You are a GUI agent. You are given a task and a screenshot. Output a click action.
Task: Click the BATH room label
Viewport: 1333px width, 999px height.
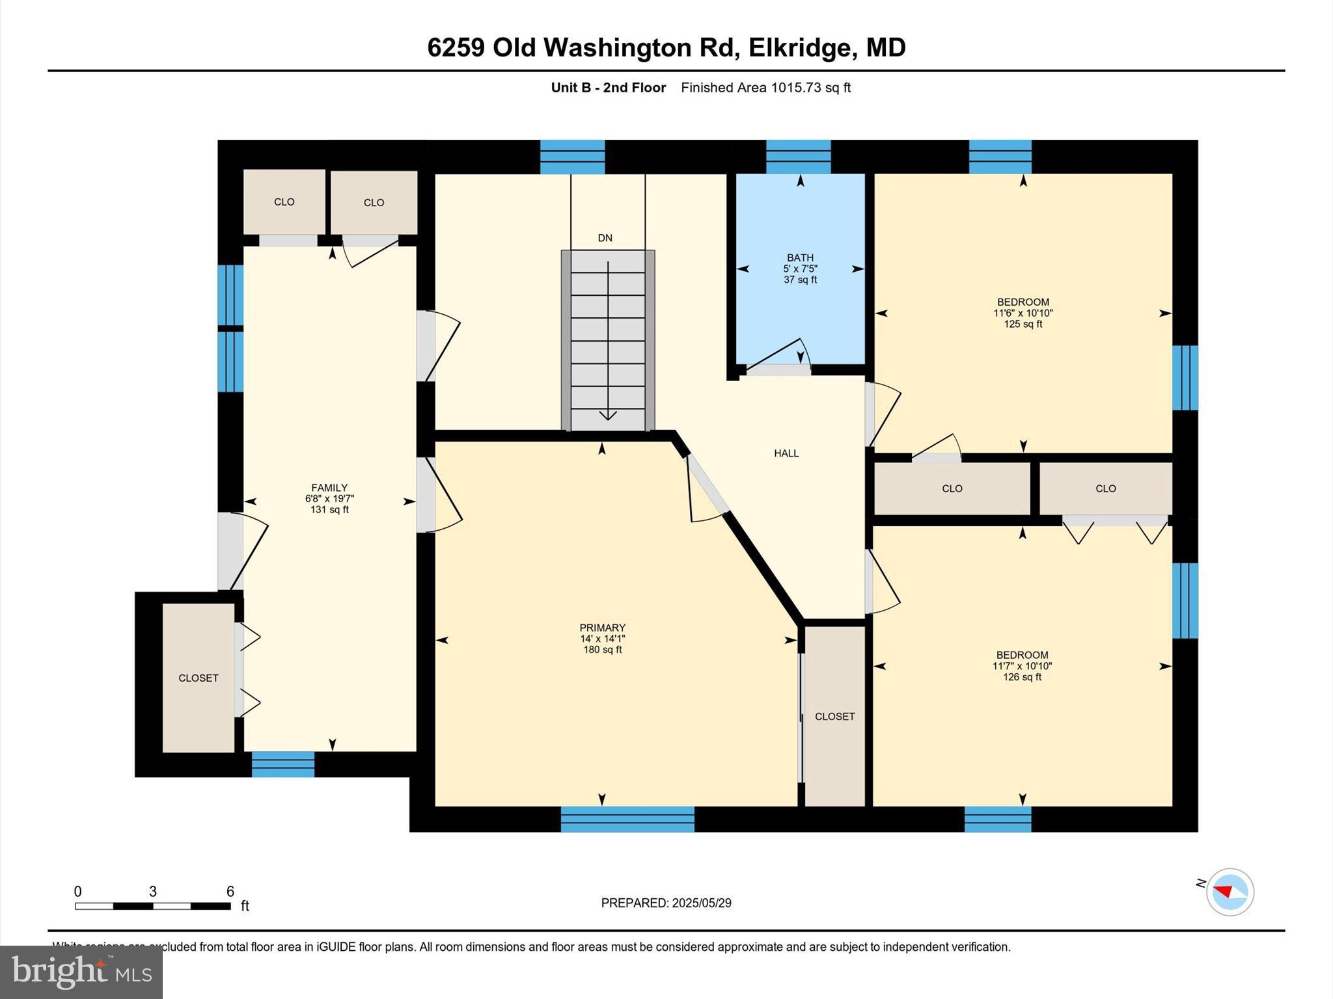(x=800, y=258)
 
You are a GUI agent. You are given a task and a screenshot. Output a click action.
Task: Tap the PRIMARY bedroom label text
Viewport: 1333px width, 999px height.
(x=602, y=628)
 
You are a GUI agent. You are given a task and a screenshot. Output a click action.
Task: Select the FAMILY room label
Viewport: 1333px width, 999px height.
(x=329, y=488)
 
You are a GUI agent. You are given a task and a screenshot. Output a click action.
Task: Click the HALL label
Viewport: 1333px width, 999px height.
(x=786, y=453)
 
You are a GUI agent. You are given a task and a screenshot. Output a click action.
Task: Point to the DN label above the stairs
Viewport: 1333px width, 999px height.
(x=605, y=238)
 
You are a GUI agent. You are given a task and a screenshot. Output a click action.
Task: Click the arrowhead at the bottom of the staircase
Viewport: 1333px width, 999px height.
(x=608, y=415)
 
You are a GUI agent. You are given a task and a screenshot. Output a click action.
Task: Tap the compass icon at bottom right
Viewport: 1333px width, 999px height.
(x=1230, y=892)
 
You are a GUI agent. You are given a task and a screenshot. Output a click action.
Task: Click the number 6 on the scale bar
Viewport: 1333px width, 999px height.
(x=230, y=892)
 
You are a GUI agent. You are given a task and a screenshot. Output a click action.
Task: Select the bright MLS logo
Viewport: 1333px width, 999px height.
(x=81, y=972)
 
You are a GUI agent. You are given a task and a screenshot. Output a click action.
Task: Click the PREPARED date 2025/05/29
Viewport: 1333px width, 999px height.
(x=701, y=903)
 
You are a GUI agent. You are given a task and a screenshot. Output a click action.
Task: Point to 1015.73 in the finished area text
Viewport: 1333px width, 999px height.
(x=796, y=88)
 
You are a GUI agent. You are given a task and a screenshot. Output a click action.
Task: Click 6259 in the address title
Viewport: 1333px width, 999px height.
(x=456, y=47)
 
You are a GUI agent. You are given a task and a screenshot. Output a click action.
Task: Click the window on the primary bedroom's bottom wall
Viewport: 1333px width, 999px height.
(x=627, y=819)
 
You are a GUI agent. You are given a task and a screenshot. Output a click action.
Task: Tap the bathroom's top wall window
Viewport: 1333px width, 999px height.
(x=798, y=156)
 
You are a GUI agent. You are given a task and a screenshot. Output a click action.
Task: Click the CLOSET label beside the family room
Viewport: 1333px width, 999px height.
(x=199, y=678)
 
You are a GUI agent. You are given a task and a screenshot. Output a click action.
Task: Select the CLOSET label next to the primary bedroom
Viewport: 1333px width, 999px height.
(x=834, y=716)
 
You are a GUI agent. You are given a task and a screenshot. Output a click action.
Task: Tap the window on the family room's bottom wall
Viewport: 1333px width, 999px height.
(x=283, y=764)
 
